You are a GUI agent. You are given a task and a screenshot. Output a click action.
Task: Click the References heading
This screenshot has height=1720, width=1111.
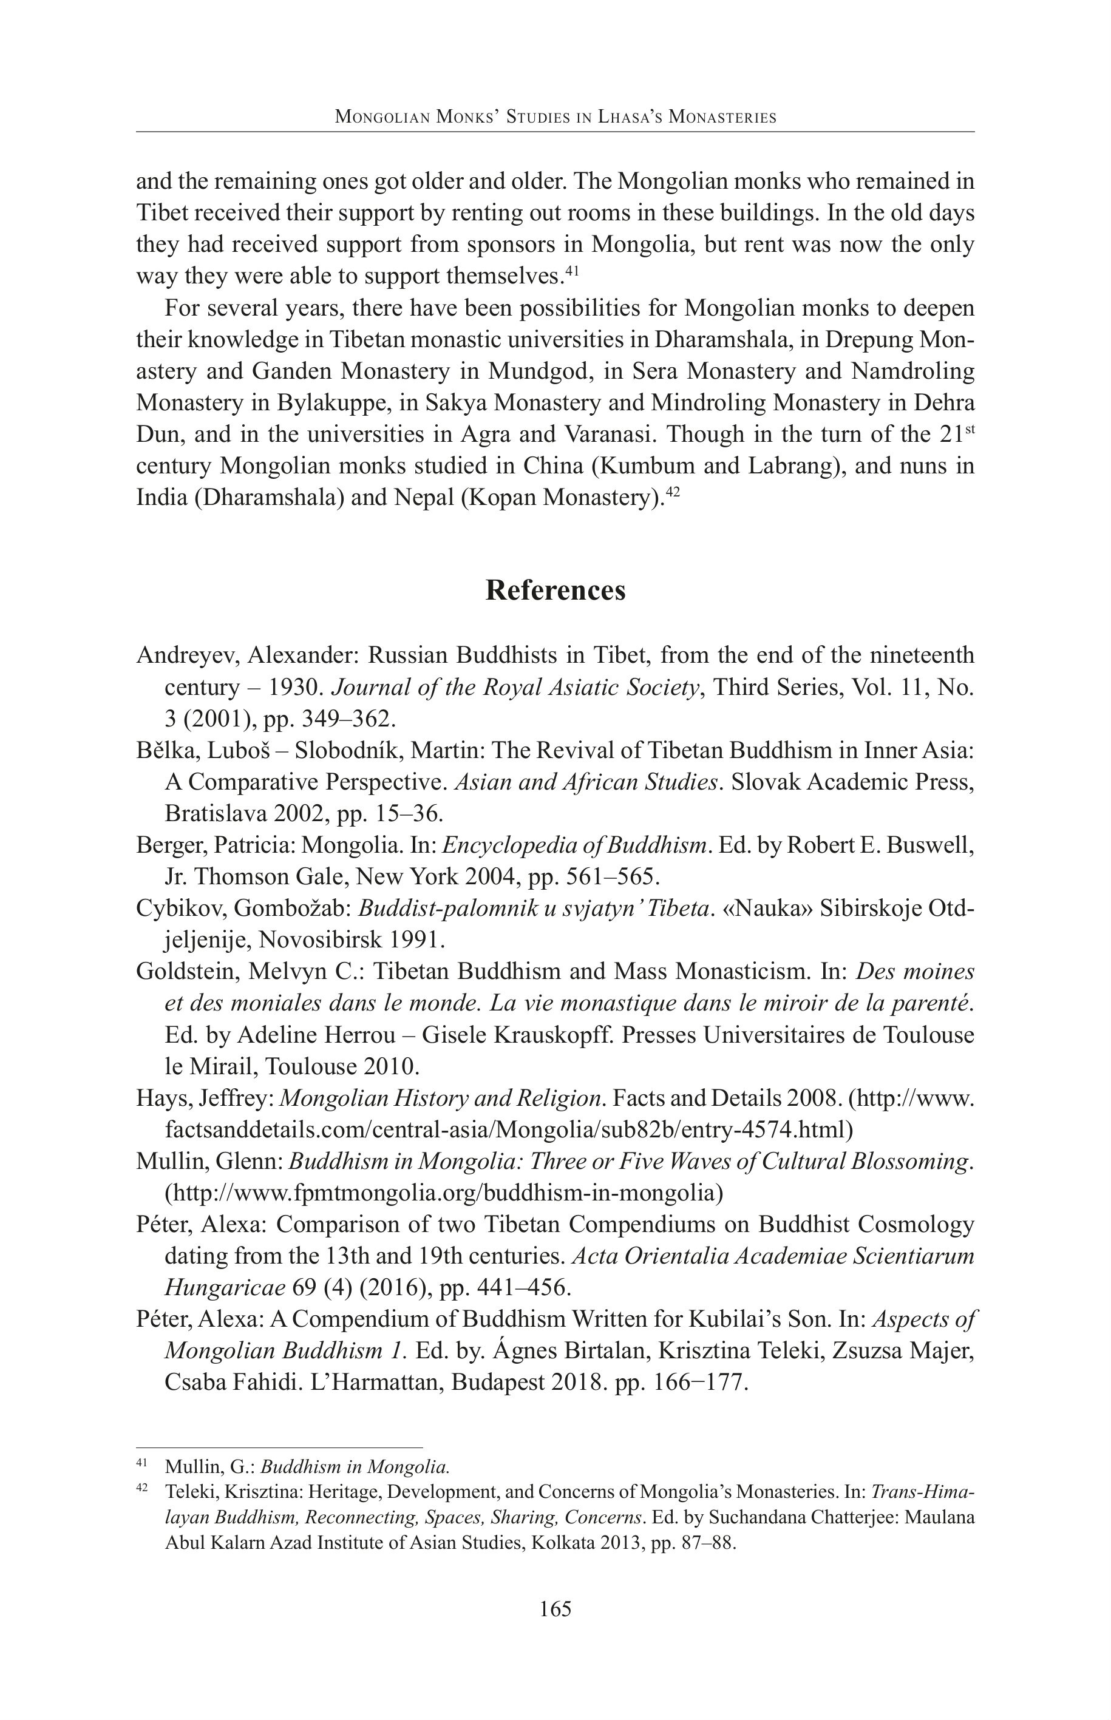[x=555, y=590]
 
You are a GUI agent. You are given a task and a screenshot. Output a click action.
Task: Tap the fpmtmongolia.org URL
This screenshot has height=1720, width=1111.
[x=444, y=1193]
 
